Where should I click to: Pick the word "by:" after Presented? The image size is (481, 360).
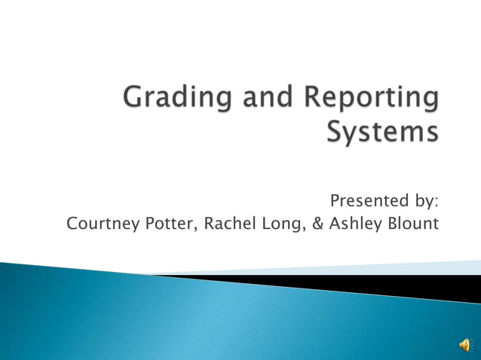click(x=422, y=201)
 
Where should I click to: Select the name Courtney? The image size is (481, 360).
click(x=98, y=224)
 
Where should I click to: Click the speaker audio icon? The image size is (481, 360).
click(x=466, y=345)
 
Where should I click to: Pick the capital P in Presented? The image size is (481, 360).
click(x=335, y=200)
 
